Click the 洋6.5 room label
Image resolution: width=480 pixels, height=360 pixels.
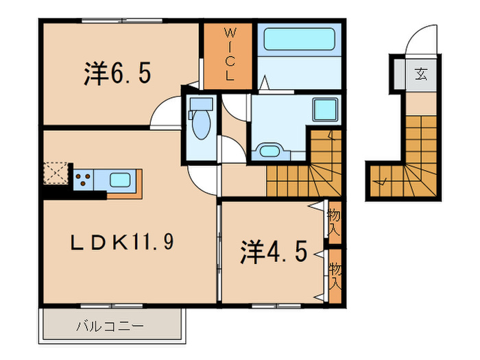coord(117,73)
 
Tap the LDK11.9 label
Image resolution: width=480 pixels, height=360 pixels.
coord(122,241)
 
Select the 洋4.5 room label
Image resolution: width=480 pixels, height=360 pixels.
coord(274,252)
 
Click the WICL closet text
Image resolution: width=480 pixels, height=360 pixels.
coord(230,54)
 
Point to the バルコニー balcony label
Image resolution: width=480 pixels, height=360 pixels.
coord(110,326)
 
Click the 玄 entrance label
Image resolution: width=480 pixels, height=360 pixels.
coord(421,74)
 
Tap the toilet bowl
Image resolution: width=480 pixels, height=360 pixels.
coord(202,124)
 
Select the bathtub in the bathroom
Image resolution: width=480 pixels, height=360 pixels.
coord(299,39)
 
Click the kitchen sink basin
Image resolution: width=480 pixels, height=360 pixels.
coord(120,180)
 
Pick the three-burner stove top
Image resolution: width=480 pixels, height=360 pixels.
coord(83,180)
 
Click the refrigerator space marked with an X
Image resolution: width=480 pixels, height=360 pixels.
coord(56,173)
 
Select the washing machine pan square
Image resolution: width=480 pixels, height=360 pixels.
coord(325,109)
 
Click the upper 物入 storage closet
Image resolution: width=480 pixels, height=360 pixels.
coord(335,222)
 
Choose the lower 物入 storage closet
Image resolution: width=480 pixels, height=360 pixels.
coord(335,276)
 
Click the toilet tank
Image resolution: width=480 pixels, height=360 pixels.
coord(201,104)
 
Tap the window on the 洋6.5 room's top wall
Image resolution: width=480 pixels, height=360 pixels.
coord(122,21)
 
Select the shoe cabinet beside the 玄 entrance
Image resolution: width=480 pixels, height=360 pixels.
coord(399,74)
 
